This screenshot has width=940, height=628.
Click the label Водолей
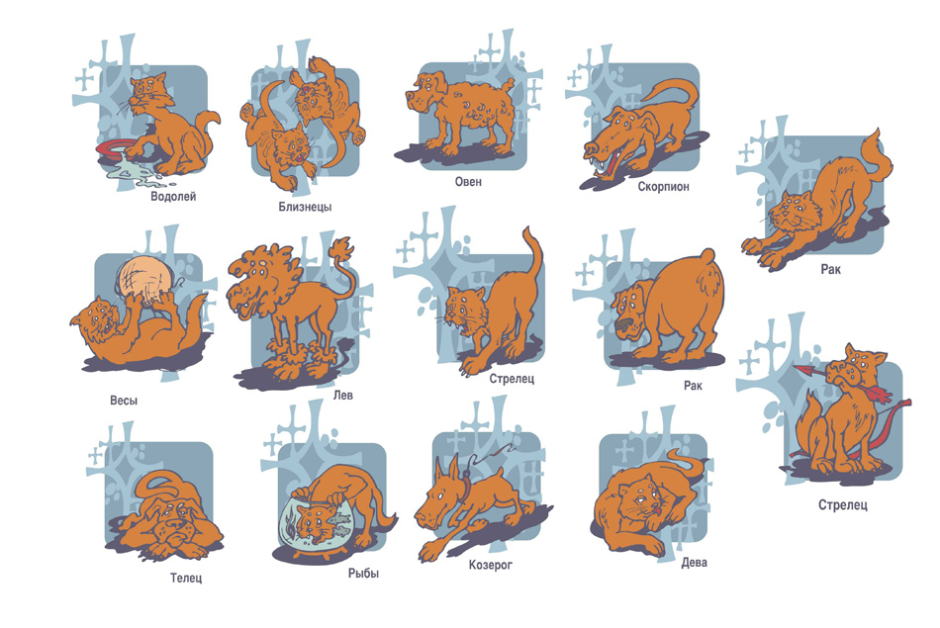[x=173, y=197]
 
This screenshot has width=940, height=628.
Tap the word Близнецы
[x=305, y=207]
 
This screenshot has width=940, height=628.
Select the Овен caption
[x=468, y=182]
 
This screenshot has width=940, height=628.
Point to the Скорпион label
[x=663, y=186]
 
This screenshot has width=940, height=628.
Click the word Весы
[x=124, y=401]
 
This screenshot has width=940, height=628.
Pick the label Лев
[x=343, y=395]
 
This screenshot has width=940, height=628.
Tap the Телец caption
[x=186, y=579]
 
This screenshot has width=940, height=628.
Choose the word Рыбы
[x=363, y=574]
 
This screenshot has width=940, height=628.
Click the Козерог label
[x=491, y=565]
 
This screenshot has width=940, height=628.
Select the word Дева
[x=695, y=562]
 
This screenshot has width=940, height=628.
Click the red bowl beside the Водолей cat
[x=114, y=149]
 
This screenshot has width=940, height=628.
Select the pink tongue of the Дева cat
[x=657, y=510]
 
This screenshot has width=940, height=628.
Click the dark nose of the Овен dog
[x=409, y=96]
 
